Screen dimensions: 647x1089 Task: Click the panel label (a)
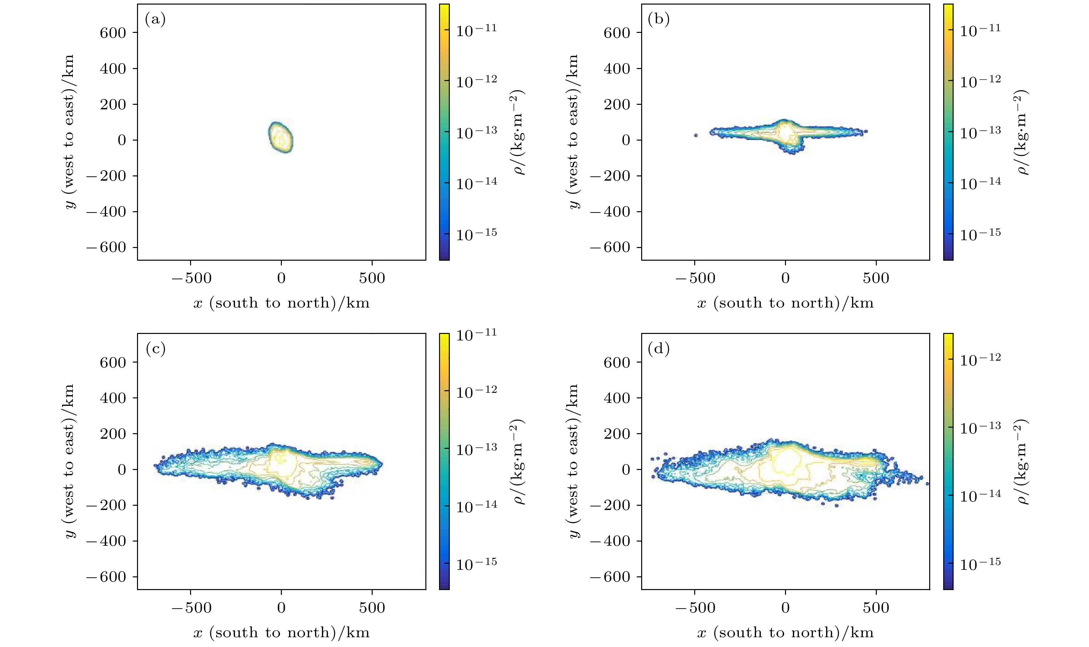155,20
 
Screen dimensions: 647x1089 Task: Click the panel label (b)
659,20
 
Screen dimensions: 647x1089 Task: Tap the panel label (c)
155,349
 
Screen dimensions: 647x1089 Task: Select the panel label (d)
659,349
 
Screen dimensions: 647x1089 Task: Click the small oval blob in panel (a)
280,137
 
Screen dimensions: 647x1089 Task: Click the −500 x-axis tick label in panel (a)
191,278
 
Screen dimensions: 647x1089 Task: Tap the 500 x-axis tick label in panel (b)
876,278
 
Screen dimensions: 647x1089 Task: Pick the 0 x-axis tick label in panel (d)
785,608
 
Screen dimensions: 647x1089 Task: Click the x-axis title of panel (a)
282,303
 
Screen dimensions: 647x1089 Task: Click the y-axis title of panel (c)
69,461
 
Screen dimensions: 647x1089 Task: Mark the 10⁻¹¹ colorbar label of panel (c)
476,335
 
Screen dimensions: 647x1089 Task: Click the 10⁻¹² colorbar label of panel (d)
980,359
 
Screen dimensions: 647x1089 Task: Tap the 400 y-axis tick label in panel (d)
617,398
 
